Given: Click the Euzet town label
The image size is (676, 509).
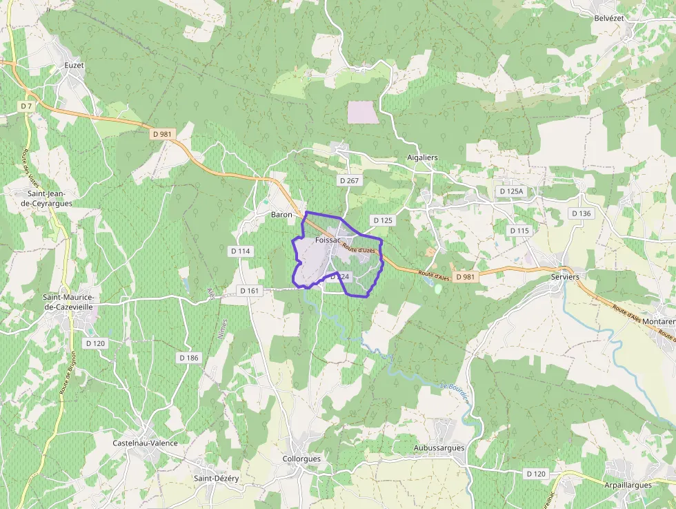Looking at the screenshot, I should point(74,65).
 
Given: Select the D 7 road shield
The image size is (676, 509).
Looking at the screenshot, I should point(26,106).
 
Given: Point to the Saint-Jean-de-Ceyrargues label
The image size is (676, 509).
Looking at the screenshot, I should point(47,199).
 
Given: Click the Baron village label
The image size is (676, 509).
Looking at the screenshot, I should point(281,215).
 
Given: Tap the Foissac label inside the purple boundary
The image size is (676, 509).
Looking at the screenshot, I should point(328,240).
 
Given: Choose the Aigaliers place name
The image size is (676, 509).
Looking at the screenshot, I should point(422,157).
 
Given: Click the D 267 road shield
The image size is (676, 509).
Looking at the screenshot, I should point(350,180).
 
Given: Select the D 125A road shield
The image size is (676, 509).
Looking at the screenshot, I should point(512,191).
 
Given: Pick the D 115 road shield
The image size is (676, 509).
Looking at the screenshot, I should point(519,230).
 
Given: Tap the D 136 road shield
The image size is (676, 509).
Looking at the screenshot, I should point(581,213).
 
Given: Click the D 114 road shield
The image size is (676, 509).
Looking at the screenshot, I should point(240,251).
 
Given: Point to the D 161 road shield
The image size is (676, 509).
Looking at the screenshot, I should point(250,291).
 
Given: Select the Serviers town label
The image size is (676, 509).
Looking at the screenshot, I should point(565,276).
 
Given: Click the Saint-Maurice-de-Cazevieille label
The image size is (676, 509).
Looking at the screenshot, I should point(69,302).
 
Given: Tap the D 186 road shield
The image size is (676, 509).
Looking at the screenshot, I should point(188,358).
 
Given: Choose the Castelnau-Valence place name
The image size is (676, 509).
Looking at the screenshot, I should point(145,443).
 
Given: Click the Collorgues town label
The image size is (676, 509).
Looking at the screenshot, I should point(302,459).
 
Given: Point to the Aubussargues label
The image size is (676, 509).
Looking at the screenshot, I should point(439,448).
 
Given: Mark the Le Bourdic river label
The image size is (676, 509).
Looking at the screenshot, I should point(455,392).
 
